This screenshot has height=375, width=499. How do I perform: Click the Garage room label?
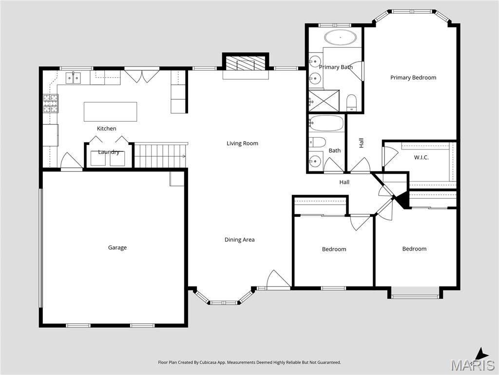pyautogui.click(x=117, y=248)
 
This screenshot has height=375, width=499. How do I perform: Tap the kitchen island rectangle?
pyautogui.click(x=110, y=111)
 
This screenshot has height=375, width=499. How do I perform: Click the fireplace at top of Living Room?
pyautogui.click(x=246, y=63)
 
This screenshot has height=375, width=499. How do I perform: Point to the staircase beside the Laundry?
pyautogui.click(x=160, y=156)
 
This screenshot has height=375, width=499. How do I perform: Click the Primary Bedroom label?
pyautogui.click(x=413, y=78)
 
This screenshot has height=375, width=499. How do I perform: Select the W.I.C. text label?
pyautogui.click(x=421, y=157)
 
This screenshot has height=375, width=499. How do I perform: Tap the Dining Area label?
pyautogui.click(x=239, y=240)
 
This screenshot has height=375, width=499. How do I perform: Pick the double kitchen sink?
pyautogui.click(x=74, y=77)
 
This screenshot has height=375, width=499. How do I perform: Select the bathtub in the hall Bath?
pyautogui.click(x=326, y=124)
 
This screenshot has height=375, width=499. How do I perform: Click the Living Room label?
pyautogui.click(x=242, y=144)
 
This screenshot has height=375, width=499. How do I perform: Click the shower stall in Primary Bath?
pyautogui.click(x=323, y=101)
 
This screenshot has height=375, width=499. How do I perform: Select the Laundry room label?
pyautogui.click(x=108, y=152)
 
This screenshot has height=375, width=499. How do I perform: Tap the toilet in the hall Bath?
pyautogui.click(x=318, y=142)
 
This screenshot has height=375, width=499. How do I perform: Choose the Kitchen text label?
pyautogui.click(x=106, y=128)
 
